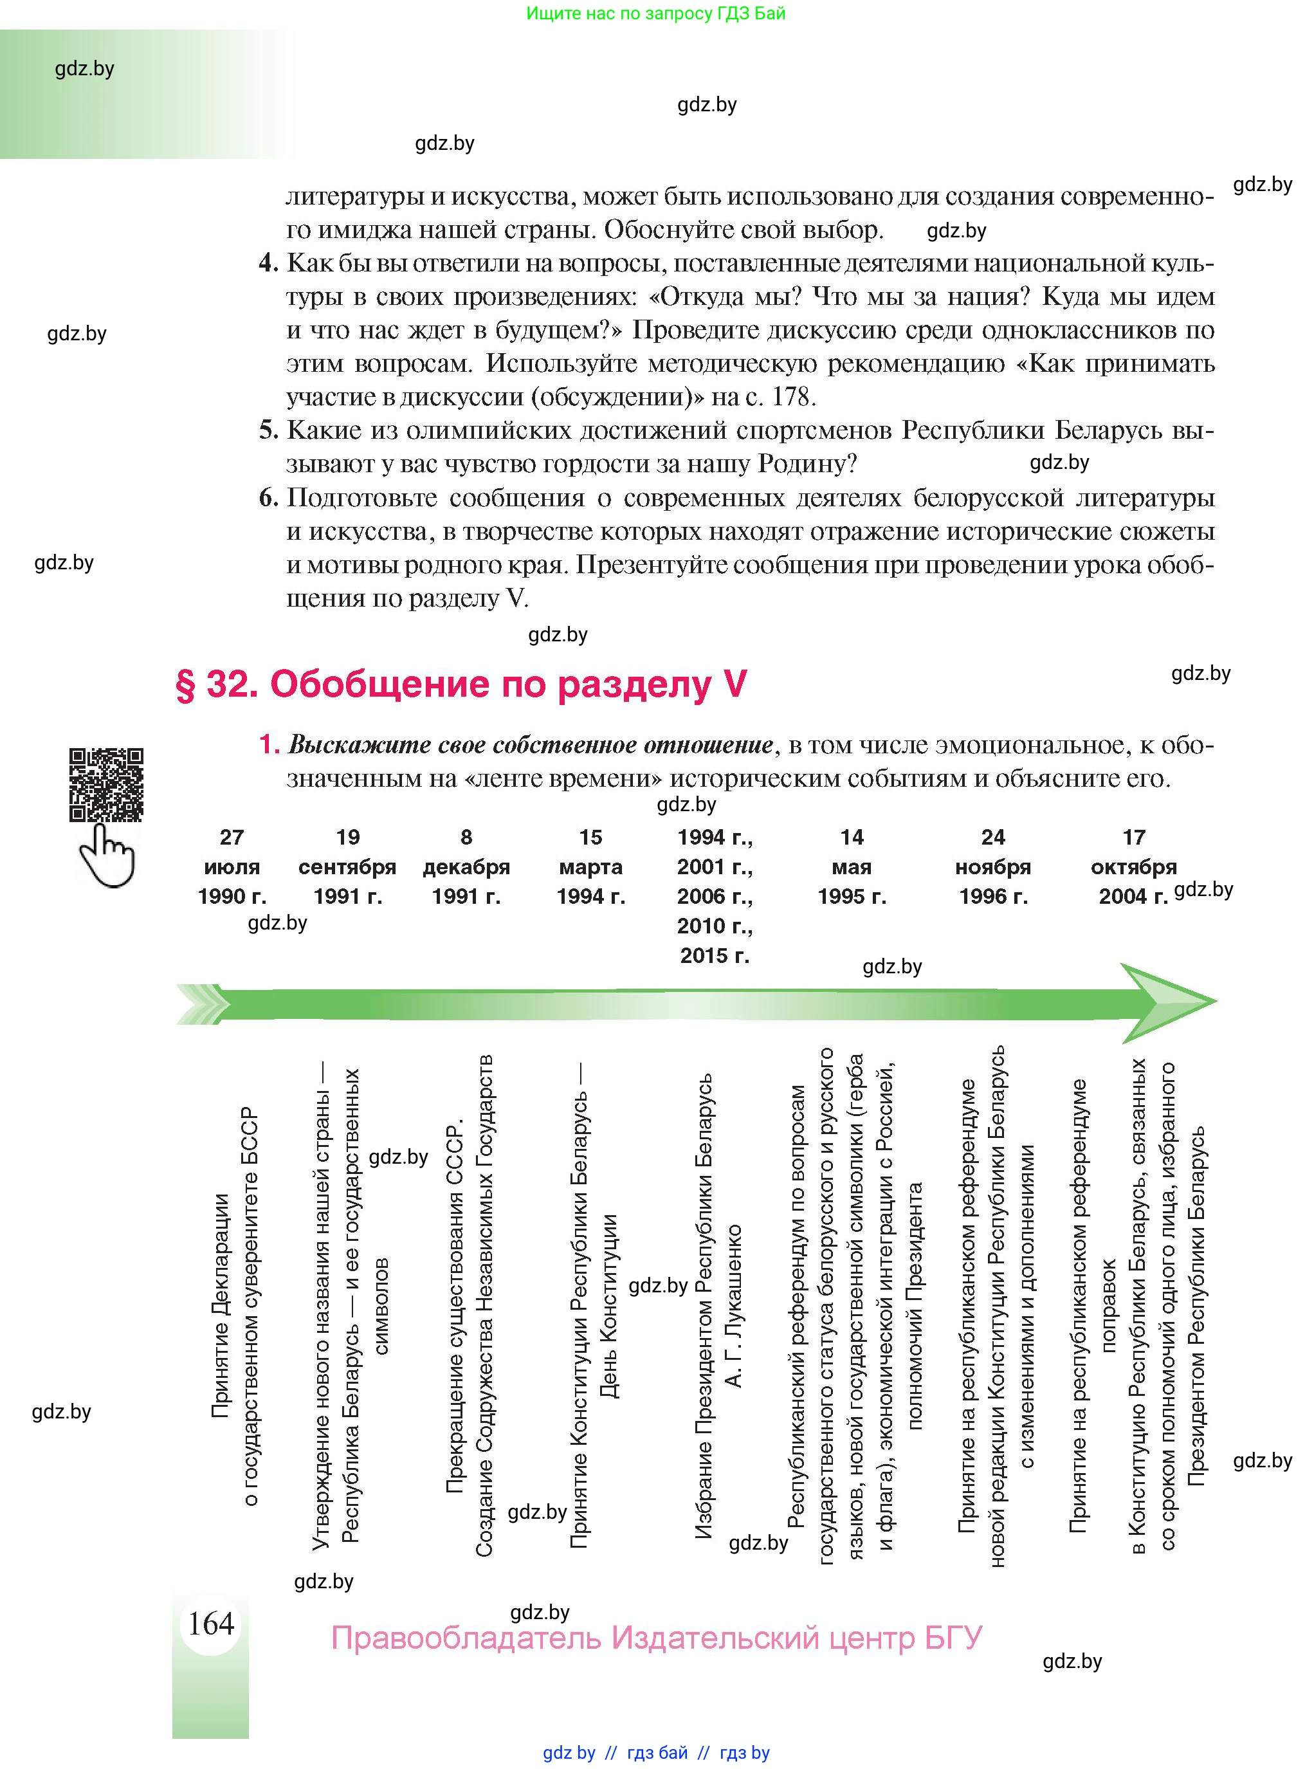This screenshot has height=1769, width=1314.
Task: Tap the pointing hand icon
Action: point(108,855)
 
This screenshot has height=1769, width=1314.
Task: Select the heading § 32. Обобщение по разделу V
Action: point(461,684)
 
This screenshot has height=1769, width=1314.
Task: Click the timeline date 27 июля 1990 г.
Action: point(232,866)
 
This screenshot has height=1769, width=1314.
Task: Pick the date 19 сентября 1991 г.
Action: point(347,866)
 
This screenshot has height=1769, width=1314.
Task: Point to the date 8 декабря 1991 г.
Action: point(466,866)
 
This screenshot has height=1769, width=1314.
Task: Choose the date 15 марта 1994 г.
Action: point(590,866)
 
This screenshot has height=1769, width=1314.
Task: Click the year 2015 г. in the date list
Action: point(715,955)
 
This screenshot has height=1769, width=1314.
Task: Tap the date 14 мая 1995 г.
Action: point(851,866)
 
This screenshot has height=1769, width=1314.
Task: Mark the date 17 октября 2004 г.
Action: point(1133,866)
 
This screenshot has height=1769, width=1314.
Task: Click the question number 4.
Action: point(268,262)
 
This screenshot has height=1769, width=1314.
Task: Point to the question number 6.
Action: point(268,498)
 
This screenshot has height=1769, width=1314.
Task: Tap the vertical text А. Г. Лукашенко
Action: point(734,1305)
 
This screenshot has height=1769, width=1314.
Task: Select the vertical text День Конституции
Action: point(608,1305)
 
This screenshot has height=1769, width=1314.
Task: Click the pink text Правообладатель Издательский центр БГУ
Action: point(656,1638)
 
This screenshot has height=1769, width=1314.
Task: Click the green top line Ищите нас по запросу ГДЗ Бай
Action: point(655,14)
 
